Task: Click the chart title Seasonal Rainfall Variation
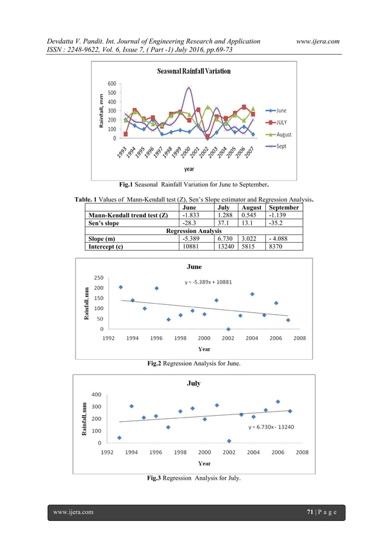click(x=194, y=71)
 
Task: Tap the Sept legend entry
click(x=276, y=146)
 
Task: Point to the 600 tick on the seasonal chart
click(x=112, y=83)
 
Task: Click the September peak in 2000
click(x=189, y=87)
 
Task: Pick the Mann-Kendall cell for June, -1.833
click(x=191, y=215)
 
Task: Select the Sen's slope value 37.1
click(x=223, y=223)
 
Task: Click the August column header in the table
click(x=251, y=208)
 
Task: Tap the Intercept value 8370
click(x=275, y=247)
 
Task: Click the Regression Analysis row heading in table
click(x=194, y=231)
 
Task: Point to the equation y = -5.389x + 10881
click(x=208, y=282)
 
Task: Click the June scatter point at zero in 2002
click(x=228, y=329)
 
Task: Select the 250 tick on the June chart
click(x=99, y=278)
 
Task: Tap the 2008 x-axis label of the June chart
click(x=299, y=338)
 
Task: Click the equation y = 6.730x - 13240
click(x=271, y=427)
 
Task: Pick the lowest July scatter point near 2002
click(x=229, y=441)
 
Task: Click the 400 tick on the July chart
click(x=96, y=394)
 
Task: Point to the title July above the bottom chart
click(x=194, y=383)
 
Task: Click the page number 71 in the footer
click(x=310, y=512)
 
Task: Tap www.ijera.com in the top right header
click(x=318, y=41)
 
